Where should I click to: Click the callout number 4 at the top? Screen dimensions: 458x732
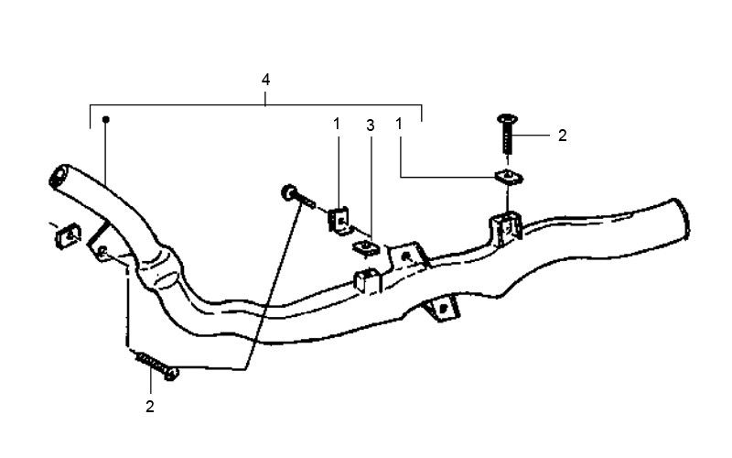(265, 81)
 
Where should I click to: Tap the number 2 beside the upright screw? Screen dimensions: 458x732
(562, 135)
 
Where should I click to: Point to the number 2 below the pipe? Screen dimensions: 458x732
(148, 404)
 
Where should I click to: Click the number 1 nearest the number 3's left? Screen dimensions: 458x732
(336, 123)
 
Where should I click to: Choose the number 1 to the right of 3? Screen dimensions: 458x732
(400, 123)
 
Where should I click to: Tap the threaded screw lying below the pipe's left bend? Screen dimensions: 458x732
(157, 365)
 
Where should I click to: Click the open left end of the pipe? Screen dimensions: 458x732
(60, 174)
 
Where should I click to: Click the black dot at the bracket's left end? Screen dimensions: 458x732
(106, 119)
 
